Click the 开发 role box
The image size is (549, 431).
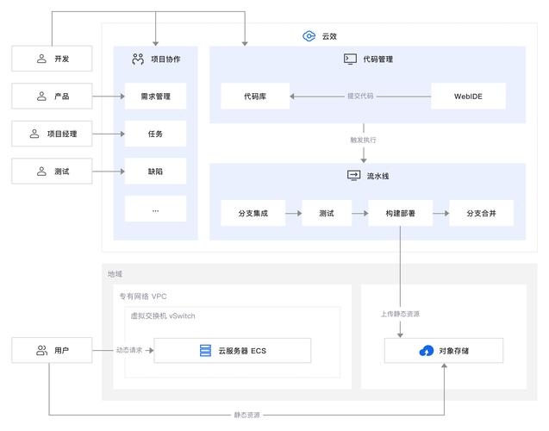click(x=52, y=59)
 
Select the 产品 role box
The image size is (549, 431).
click(x=52, y=97)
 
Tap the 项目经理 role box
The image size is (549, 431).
click(x=52, y=134)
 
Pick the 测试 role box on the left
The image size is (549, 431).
click(x=52, y=172)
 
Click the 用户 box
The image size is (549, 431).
click(x=52, y=351)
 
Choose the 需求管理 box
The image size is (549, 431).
click(x=155, y=97)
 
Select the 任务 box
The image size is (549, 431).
click(x=155, y=134)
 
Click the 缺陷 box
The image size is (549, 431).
click(x=155, y=172)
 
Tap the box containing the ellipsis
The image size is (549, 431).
click(x=155, y=209)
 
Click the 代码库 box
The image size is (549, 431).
click(x=255, y=97)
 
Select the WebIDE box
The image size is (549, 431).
click(x=468, y=97)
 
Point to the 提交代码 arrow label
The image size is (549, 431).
click(x=360, y=97)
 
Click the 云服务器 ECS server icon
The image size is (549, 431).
click(x=205, y=351)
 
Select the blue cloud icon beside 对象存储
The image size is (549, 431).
click(x=426, y=351)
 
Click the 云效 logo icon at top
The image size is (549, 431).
click(x=309, y=36)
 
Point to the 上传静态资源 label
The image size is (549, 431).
click(x=400, y=314)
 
